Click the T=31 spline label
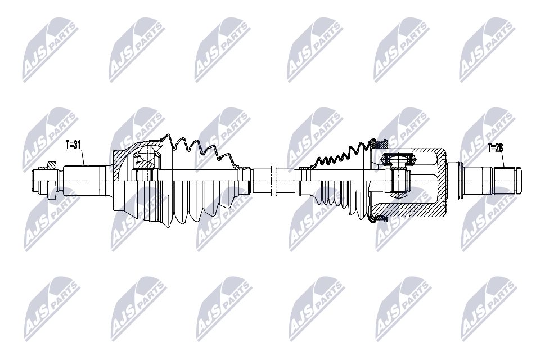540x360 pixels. [x=73, y=145]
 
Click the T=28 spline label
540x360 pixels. [x=495, y=148]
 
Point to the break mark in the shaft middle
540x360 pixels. [x=272, y=179]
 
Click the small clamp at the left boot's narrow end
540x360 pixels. [x=243, y=167]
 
